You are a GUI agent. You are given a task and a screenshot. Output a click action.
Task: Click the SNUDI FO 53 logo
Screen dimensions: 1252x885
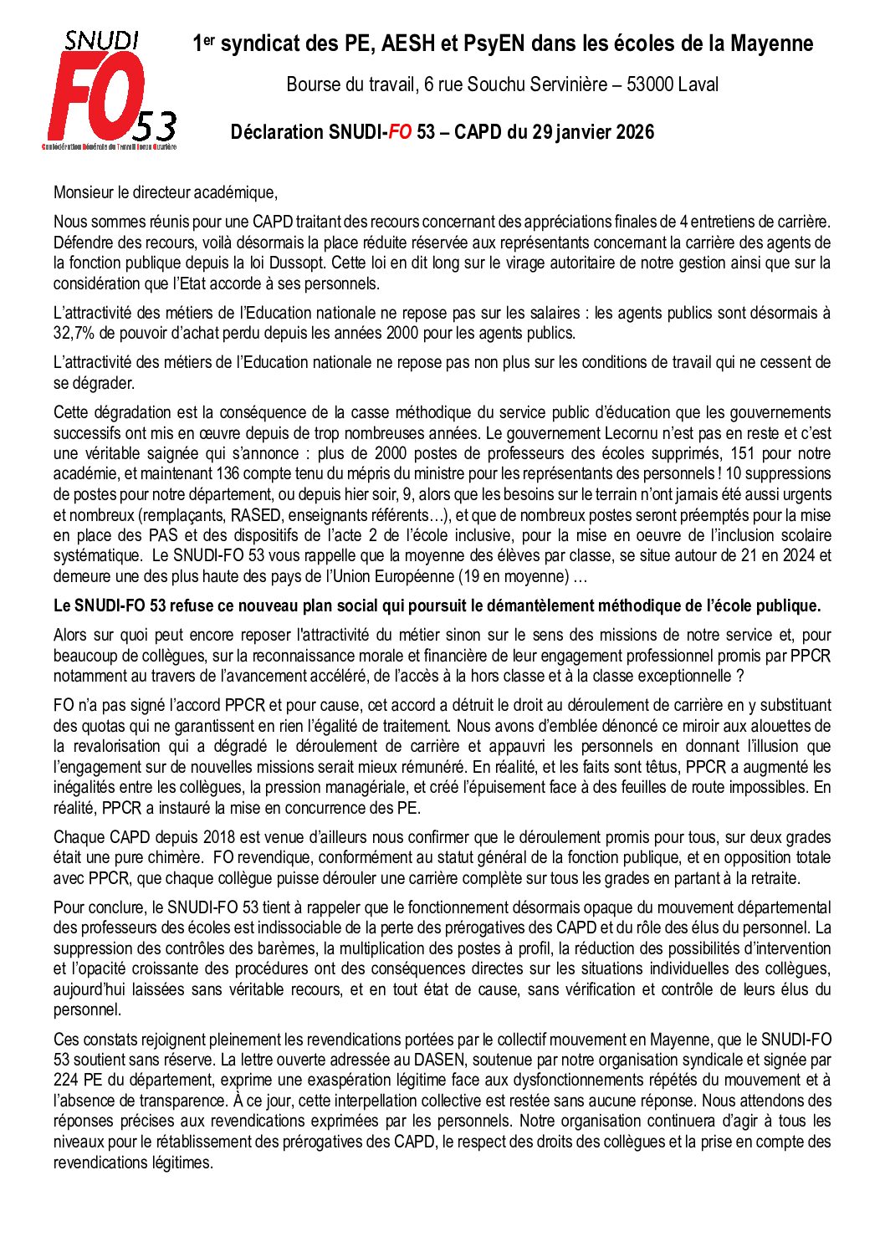[x=110, y=90]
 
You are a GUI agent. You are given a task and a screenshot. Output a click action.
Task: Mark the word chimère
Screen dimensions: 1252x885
[x=165, y=857]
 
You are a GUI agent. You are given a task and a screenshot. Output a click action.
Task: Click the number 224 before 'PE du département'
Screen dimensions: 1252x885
[x=66, y=1080]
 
